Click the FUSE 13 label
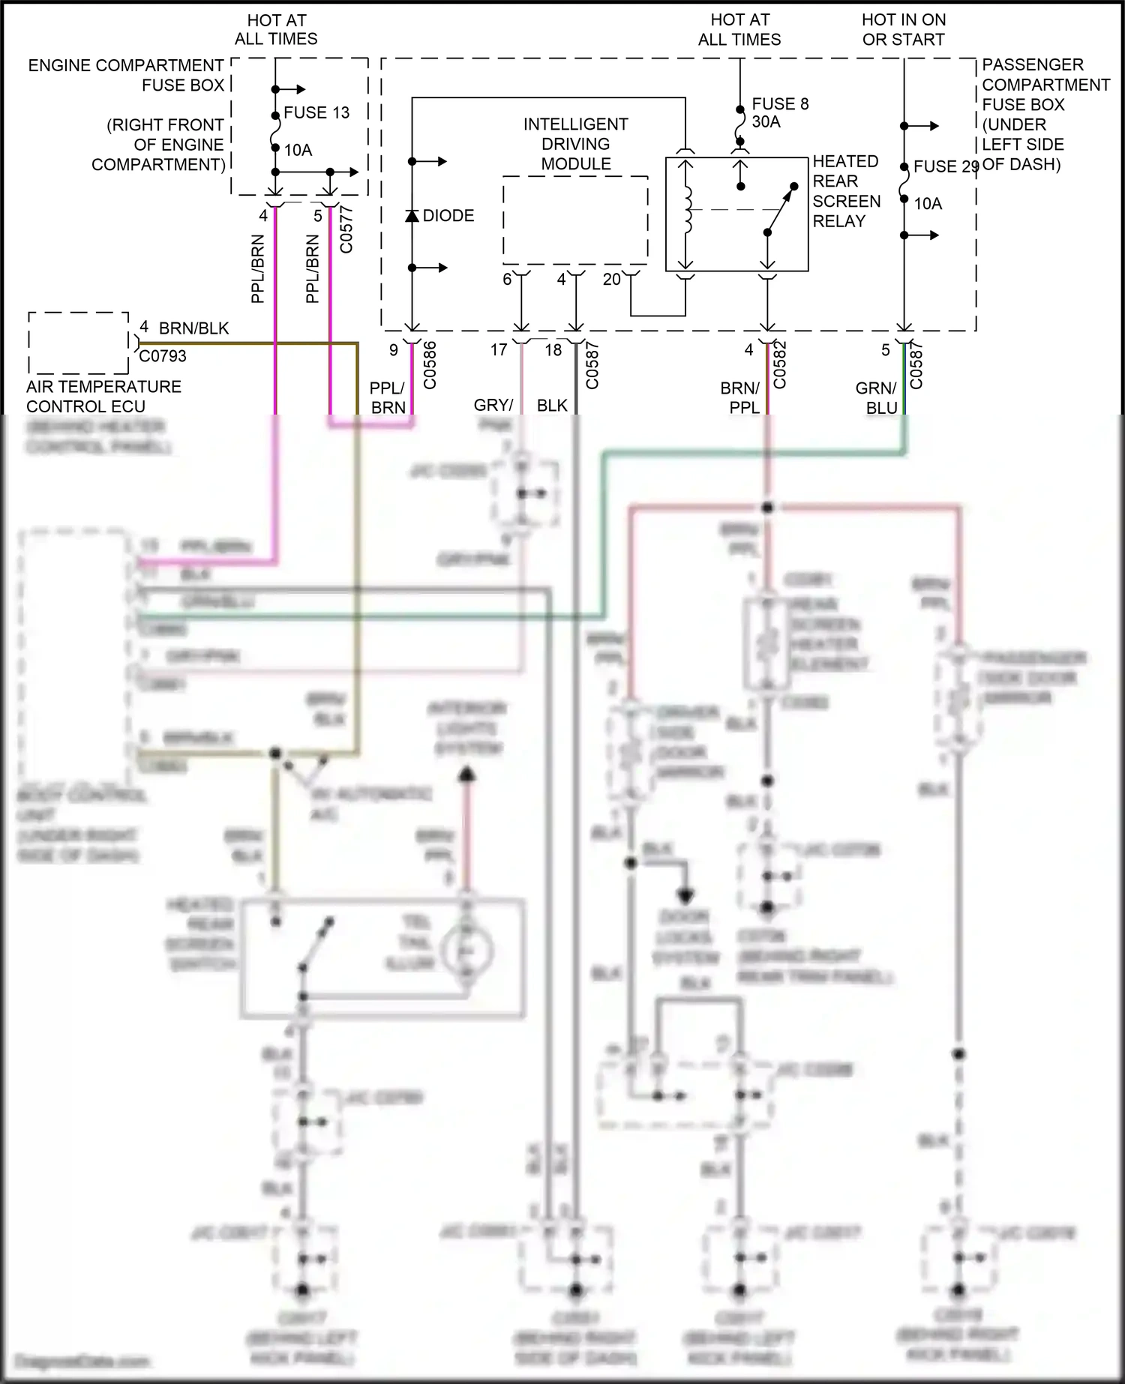pyautogui.click(x=316, y=112)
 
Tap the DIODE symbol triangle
pyautogui.click(x=412, y=216)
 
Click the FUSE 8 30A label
pyautogui.click(x=780, y=112)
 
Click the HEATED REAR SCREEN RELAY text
pyautogui.click(x=846, y=191)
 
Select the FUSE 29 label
pyautogui.click(x=946, y=166)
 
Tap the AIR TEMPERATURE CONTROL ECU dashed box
pyautogui.click(x=79, y=343)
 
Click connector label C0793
pyautogui.click(x=163, y=356)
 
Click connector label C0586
pyautogui.click(x=430, y=366)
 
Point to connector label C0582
pyautogui.click(x=780, y=366)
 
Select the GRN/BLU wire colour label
pyautogui.click(x=876, y=398)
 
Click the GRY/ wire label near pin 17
pyautogui.click(x=493, y=405)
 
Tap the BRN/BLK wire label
pyautogui.click(x=193, y=328)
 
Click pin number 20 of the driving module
pyautogui.click(x=612, y=280)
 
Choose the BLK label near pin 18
pyautogui.click(x=552, y=405)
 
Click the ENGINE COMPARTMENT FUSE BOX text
pyautogui.click(x=126, y=75)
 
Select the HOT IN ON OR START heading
pyautogui.click(x=904, y=29)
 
